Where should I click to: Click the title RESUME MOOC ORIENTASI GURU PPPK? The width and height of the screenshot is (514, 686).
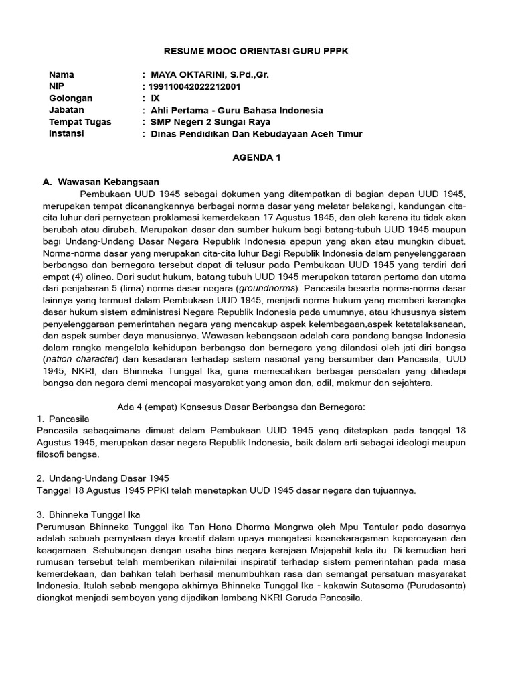257,51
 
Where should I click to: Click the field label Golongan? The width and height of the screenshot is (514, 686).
70,98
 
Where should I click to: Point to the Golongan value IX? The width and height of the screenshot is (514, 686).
155,98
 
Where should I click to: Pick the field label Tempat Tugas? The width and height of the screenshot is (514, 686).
80,122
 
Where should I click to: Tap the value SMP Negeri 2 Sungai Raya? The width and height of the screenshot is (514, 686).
209,122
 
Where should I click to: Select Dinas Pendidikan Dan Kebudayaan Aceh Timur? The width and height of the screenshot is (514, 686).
256,134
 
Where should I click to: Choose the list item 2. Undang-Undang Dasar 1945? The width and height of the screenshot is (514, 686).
103,478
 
